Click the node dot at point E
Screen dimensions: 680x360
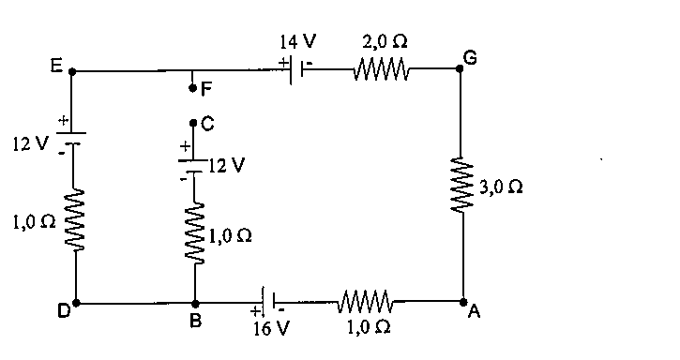click(x=72, y=70)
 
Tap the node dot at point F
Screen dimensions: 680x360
click(x=192, y=88)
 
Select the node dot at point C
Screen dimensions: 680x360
click(x=193, y=123)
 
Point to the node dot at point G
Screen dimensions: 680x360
click(x=461, y=68)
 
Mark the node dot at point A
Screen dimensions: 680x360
click(x=463, y=301)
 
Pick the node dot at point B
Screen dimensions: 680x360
click(x=195, y=303)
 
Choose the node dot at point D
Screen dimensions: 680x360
click(x=76, y=303)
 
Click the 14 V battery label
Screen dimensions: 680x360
click(x=297, y=41)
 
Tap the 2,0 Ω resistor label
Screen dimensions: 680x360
click(x=385, y=41)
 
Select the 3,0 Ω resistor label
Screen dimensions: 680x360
click(x=501, y=187)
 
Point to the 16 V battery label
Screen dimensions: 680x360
click(x=270, y=328)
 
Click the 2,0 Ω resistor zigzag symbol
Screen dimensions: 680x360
click(x=381, y=69)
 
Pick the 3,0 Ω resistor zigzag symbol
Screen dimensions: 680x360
click(x=461, y=186)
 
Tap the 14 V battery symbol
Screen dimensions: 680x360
click(x=295, y=69)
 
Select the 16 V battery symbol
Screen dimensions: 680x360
click(x=269, y=301)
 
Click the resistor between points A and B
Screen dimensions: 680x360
click(x=365, y=301)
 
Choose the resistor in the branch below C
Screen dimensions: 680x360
click(x=195, y=233)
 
